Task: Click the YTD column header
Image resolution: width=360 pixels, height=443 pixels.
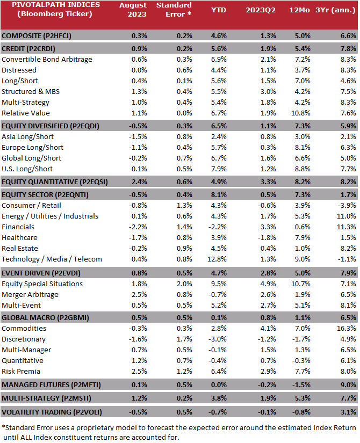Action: (218, 10)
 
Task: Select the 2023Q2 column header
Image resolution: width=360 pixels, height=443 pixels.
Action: (261, 10)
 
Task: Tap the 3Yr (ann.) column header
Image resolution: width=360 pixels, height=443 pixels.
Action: (335, 10)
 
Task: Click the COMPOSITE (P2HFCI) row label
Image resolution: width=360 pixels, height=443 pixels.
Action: (36, 36)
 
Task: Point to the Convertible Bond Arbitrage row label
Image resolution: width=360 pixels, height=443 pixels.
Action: (47, 59)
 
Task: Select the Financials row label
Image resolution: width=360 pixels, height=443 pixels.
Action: (18, 227)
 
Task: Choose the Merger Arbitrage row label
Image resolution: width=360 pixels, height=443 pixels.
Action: (30, 294)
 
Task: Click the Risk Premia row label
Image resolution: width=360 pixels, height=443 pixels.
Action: (21, 371)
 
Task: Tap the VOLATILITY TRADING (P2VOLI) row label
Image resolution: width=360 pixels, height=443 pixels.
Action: (52, 412)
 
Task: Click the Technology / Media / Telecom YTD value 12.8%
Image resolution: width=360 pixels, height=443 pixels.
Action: (217, 259)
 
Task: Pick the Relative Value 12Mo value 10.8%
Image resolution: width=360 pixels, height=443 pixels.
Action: (300, 113)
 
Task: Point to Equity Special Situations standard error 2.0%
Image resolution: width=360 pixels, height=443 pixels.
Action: (184, 284)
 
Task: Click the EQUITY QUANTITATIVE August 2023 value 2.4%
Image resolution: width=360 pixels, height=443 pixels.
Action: (139, 181)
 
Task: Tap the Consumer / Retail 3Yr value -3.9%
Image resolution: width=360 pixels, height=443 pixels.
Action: (347, 206)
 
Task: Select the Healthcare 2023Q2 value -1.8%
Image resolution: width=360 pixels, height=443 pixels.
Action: (267, 237)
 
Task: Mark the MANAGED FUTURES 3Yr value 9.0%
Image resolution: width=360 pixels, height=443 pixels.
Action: (348, 385)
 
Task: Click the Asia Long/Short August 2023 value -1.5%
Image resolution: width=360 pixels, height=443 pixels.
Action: (138, 137)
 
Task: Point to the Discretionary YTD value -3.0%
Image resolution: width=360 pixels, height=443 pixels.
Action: (218, 339)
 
